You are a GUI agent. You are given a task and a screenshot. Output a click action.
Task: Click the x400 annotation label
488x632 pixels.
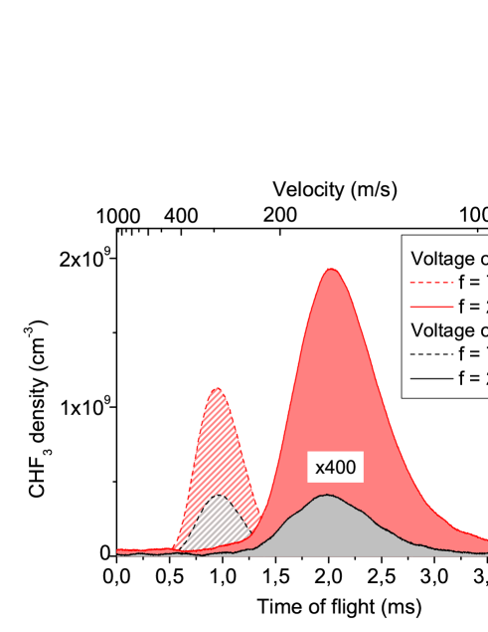pyautogui.click(x=335, y=467)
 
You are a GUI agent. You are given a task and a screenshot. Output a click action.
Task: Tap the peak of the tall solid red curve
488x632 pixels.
pyautogui.click(x=332, y=270)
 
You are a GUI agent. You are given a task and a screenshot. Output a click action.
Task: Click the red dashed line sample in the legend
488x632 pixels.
pyautogui.click(x=431, y=282)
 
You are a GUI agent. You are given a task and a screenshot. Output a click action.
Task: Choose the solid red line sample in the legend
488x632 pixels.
pyautogui.click(x=431, y=306)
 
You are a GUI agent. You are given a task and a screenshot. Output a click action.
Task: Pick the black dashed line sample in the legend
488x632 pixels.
pyautogui.click(x=431, y=353)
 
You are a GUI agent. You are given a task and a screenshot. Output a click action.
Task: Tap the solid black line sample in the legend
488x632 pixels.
pyautogui.click(x=431, y=377)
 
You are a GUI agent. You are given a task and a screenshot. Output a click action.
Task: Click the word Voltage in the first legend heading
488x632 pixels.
pyautogui.click(x=443, y=259)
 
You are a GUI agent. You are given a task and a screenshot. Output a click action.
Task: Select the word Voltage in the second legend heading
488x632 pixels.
pyautogui.click(x=443, y=330)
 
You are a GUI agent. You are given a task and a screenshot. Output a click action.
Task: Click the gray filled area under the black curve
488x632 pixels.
pyautogui.click(x=328, y=527)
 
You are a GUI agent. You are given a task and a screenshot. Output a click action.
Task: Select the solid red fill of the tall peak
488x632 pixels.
pyautogui.click(x=333, y=378)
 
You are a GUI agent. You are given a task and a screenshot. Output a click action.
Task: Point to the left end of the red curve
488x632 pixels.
pyautogui.click(x=119, y=549)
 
